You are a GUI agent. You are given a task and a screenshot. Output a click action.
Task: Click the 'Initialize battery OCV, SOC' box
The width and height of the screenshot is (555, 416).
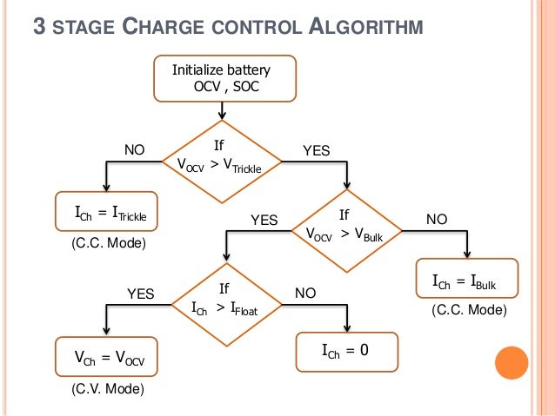[x=224, y=79]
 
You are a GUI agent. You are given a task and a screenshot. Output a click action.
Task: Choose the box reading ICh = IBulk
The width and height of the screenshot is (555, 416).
[x=468, y=281]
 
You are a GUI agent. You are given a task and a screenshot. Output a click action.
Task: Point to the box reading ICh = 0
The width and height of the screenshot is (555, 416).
[x=346, y=351]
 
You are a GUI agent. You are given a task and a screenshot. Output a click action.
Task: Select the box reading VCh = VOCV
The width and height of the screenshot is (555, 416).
[x=107, y=358]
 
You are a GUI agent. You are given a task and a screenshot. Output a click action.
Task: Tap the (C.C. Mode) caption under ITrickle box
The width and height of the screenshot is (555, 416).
[x=106, y=245]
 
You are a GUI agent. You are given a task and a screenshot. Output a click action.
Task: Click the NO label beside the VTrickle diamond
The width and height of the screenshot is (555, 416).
[x=133, y=150]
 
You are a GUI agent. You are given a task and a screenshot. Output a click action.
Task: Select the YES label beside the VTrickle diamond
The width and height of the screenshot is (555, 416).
[x=317, y=150]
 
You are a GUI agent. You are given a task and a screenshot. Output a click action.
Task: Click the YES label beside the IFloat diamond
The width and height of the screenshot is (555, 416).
[x=140, y=294]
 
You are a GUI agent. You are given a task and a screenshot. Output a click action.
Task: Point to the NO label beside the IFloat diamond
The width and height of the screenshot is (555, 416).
[x=305, y=294]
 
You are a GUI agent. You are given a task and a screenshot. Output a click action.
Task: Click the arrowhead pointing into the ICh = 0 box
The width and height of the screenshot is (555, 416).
[x=347, y=328]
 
